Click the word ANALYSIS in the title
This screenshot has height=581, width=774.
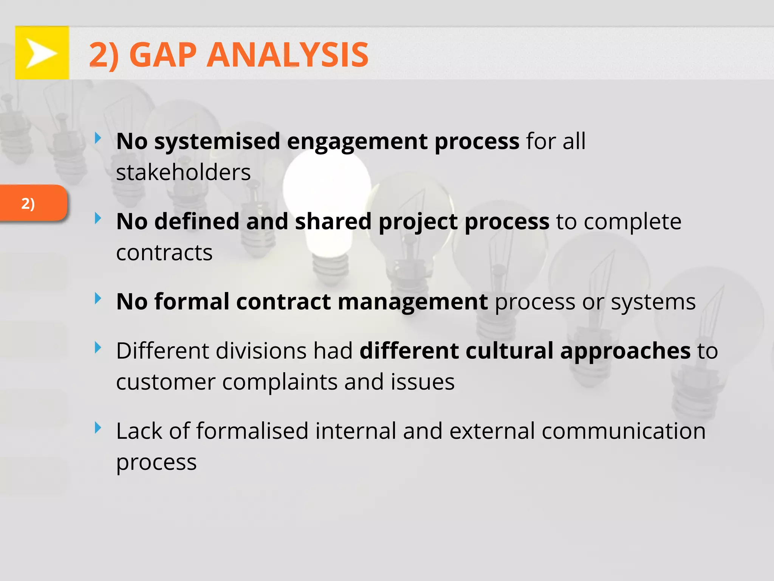(x=287, y=55)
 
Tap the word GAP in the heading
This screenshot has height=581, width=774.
(x=163, y=55)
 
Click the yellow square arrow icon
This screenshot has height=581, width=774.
(x=42, y=53)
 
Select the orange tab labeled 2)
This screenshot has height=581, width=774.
(x=33, y=203)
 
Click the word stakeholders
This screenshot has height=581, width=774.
(x=183, y=172)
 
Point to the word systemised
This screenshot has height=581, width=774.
(x=217, y=141)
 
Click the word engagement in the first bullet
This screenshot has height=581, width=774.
(x=357, y=141)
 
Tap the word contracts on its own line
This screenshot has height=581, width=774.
(x=164, y=253)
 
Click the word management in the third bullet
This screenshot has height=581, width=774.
(x=412, y=302)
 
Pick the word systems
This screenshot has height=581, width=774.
(x=653, y=302)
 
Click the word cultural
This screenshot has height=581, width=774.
(x=509, y=351)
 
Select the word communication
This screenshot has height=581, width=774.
(x=624, y=431)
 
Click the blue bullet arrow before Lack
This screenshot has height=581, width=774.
(x=98, y=428)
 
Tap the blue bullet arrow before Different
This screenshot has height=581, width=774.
(x=98, y=347)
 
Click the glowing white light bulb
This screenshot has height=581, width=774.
(x=327, y=189)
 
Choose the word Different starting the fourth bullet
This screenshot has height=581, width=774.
(x=162, y=351)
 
